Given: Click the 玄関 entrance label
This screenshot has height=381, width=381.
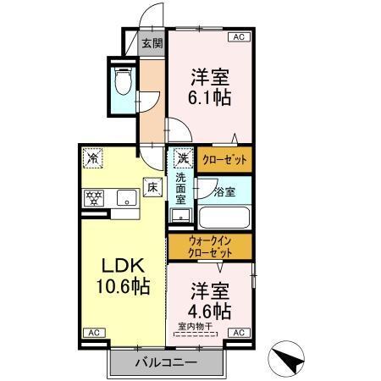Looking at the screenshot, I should pos(152,44).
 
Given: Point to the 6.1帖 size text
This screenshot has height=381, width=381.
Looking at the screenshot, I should pos(209,97).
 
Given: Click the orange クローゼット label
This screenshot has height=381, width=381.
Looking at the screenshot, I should pos(224,158).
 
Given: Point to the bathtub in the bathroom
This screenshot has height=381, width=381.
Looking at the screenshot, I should pos(224,218).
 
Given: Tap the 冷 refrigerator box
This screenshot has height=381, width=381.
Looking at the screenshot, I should pos(92,157).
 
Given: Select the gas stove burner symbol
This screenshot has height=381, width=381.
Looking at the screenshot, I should pos(92,200).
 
